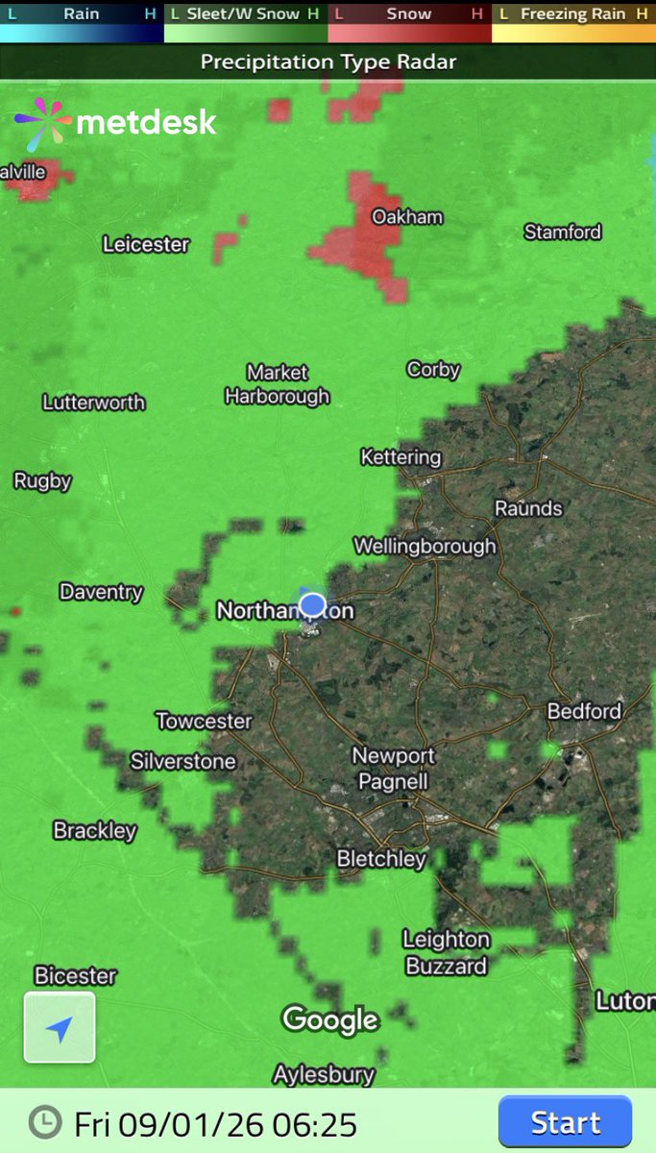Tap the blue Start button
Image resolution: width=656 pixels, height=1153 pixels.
[565, 1122]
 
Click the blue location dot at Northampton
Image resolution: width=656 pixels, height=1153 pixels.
[313, 604]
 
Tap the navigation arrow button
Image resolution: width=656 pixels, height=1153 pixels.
[60, 1028]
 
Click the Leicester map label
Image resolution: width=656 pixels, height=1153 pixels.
[146, 244]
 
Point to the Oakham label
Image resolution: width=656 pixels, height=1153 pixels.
[407, 217]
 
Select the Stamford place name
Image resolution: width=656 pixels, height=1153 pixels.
[563, 232]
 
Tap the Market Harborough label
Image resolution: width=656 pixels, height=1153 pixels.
[277, 383]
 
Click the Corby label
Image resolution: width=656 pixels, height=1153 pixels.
[433, 369]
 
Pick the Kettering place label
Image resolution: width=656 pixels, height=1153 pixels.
[401, 457]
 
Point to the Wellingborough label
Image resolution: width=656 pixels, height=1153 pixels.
[425, 546]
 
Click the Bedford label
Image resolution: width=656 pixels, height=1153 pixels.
[585, 711]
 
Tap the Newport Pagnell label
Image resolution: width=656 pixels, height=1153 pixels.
[393, 768]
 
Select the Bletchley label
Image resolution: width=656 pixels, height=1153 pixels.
[381, 858]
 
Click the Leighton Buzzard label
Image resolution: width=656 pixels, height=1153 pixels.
[446, 952]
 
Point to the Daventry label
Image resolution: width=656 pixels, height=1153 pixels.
[101, 592]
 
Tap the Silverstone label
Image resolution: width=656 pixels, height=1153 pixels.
[183, 761]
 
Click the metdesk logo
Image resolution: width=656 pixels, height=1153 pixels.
[116, 123]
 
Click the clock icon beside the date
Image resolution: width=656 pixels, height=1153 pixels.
[43, 1121]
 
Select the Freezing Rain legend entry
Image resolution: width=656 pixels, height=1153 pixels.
[573, 14]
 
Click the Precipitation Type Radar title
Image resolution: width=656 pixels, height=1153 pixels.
[328, 62]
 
